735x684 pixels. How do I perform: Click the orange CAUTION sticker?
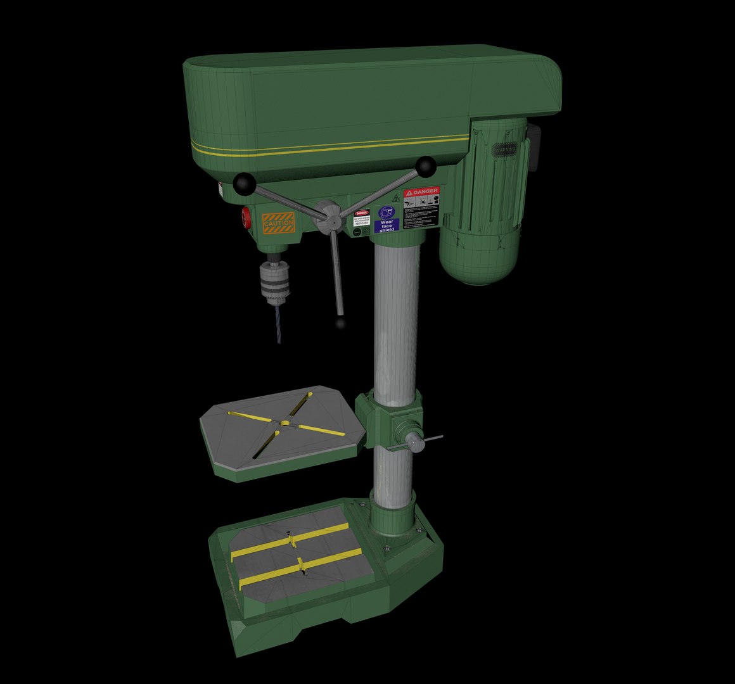[278, 223]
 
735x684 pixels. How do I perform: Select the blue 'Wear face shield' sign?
[386, 219]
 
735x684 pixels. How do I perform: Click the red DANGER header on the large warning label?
[421, 191]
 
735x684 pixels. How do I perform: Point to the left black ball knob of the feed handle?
[244, 184]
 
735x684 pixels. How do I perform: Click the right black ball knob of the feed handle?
[425, 167]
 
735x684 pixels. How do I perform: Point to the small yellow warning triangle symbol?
[395, 198]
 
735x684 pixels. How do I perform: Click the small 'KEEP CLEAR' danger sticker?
[362, 218]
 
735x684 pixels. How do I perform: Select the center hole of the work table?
[285, 422]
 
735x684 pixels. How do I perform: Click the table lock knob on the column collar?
[414, 441]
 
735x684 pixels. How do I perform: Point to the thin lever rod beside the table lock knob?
[434, 438]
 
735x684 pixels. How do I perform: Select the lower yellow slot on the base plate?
[299, 566]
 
